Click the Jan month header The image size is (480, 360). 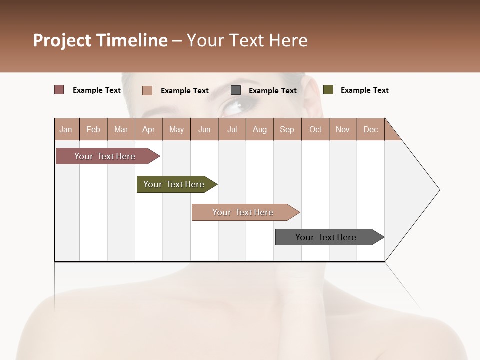coord(66,129)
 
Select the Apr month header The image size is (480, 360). coord(148,129)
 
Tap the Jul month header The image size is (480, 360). coord(232,129)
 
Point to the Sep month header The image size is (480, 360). coord(287,129)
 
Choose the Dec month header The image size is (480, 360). coord(370,129)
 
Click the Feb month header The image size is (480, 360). coord(93,129)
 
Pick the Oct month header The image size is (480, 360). coord(315,129)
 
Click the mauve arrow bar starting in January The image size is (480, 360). coord(105,156)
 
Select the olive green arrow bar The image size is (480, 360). coord(174,184)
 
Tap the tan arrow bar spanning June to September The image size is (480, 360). coord(243,212)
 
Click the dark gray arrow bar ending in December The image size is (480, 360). coord(326,237)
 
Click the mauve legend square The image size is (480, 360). coord(59,90)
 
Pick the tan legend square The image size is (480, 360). coord(147,90)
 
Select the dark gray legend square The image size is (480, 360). coord(236,90)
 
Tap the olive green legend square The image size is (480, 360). coord(328,90)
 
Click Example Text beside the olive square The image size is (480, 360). coord(364,90)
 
